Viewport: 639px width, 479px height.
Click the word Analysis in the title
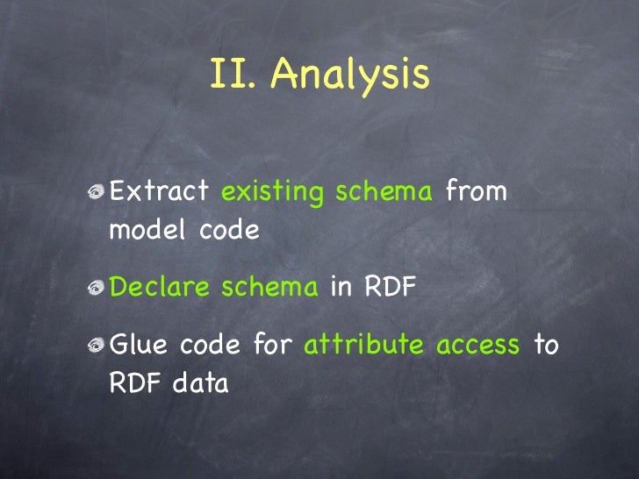pyautogui.click(x=349, y=76)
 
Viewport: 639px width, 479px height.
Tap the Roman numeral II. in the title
pyautogui.click(x=234, y=75)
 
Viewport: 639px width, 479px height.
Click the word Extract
pyautogui.click(x=159, y=190)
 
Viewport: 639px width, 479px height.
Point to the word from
pyautogui.click(x=477, y=190)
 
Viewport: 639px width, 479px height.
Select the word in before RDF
pyautogui.click(x=341, y=288)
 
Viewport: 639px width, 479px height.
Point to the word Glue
pyautogui.click(x=138, y=346)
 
